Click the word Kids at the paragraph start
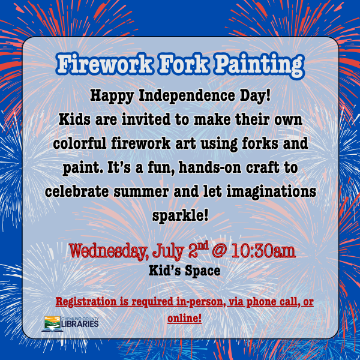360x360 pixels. (x=74, y=119)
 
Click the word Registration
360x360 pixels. (x=89, y=302)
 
